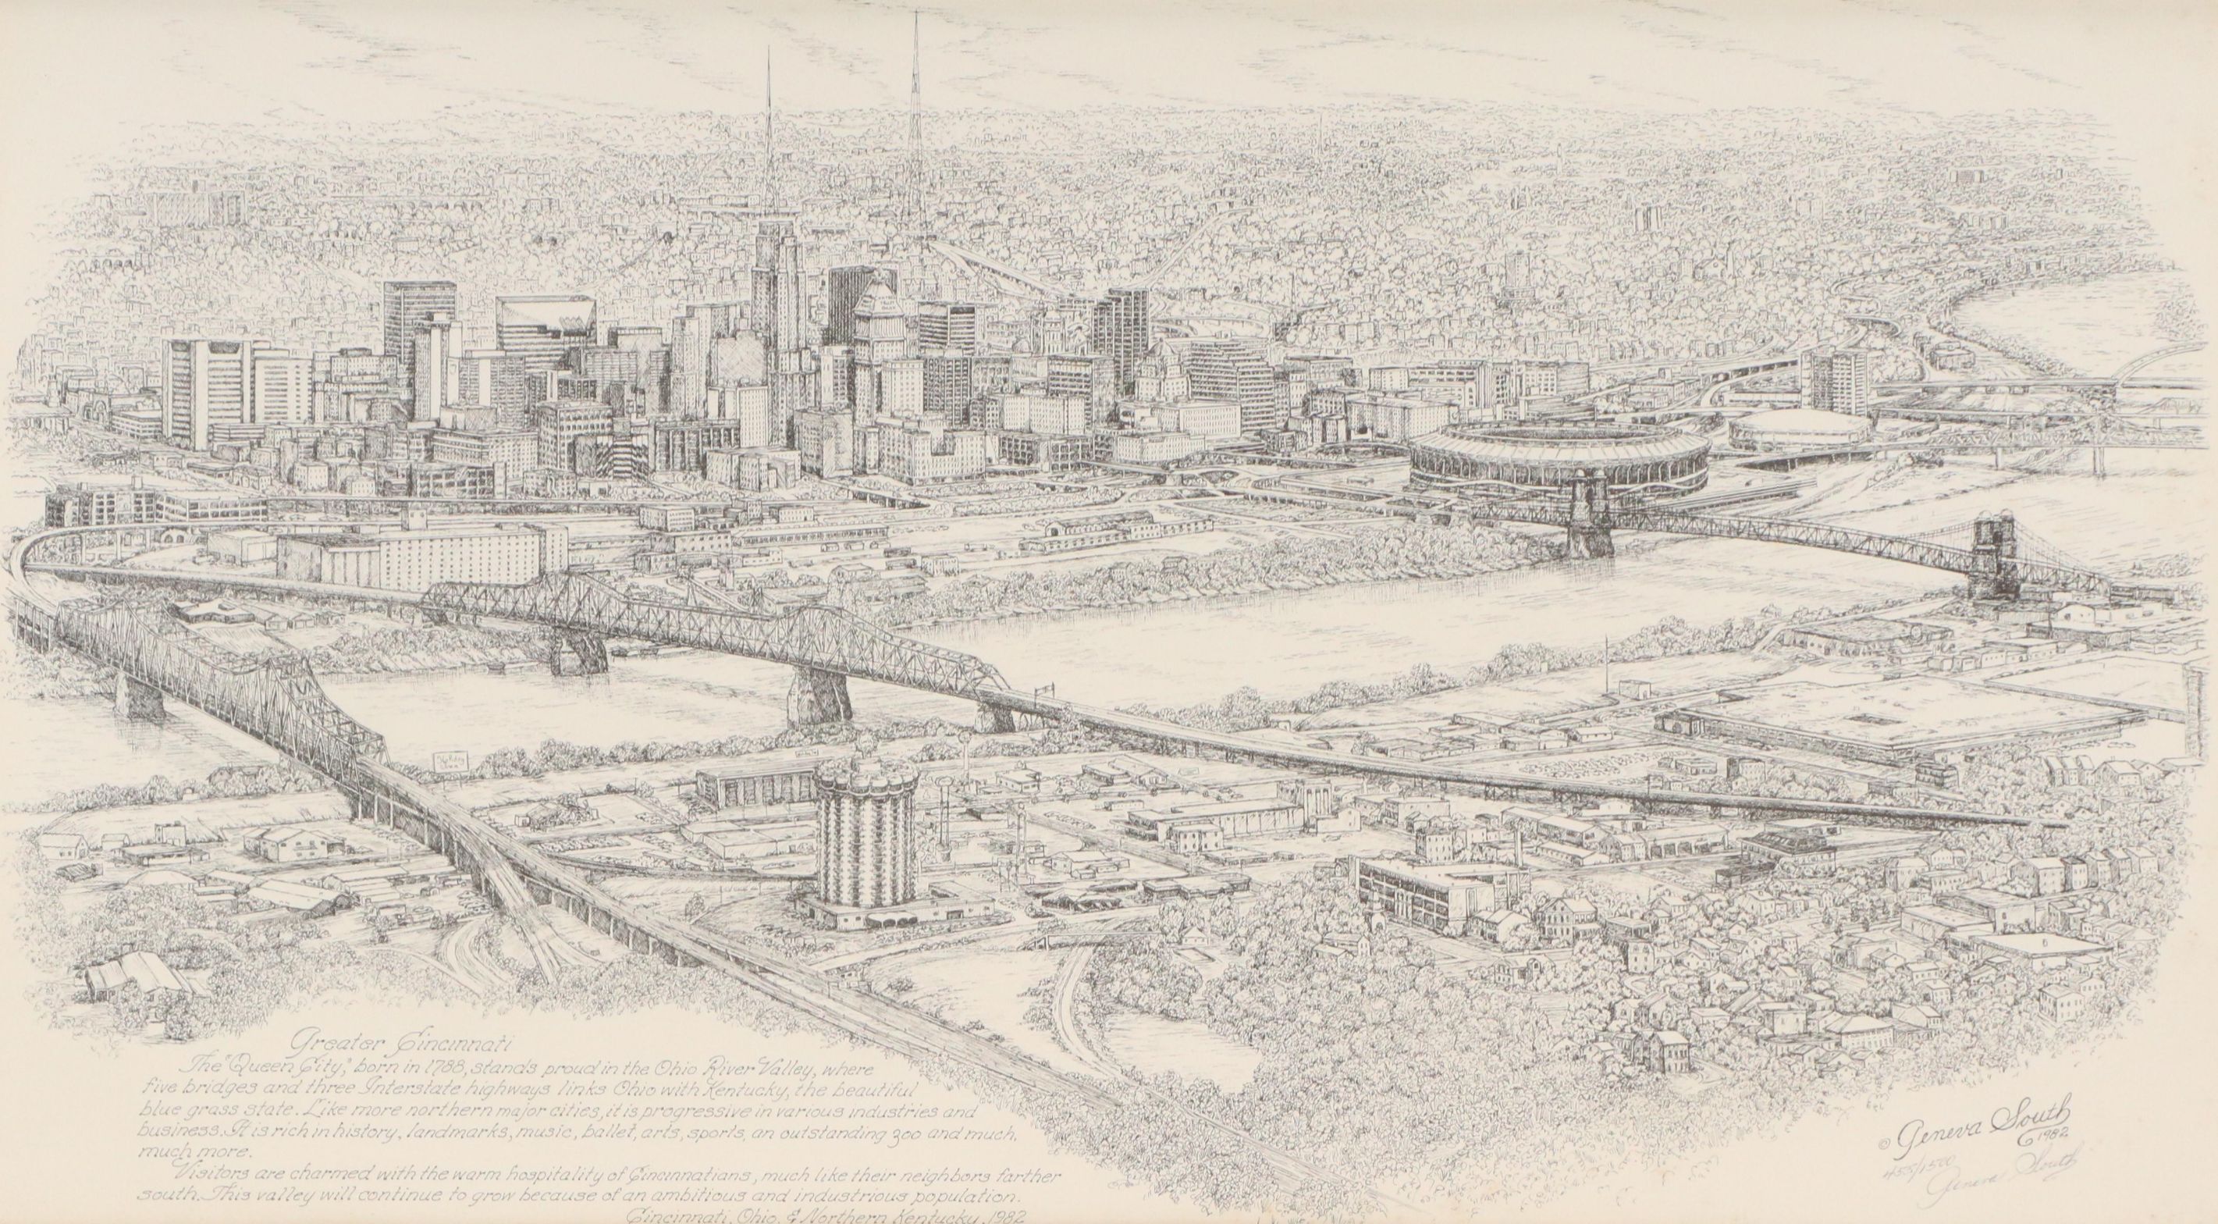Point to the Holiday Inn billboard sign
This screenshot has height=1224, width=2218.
pos(450,763)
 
